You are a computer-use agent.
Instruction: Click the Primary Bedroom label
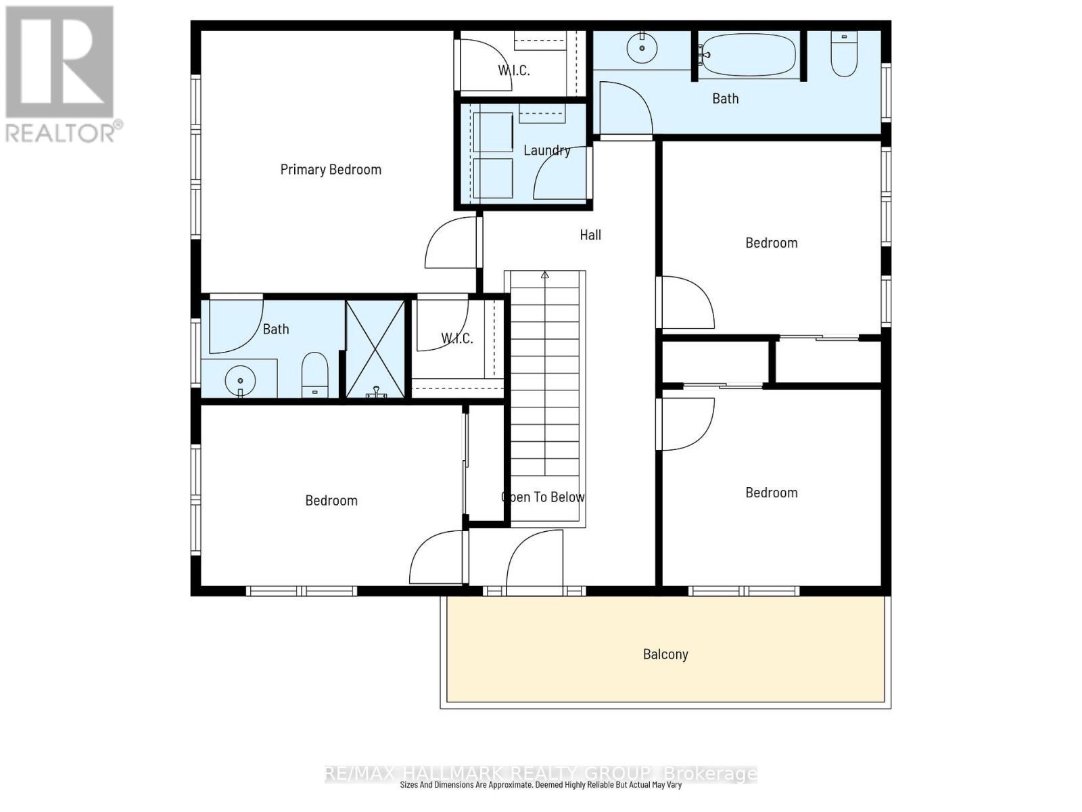pyautogui.click(x=331, y=169)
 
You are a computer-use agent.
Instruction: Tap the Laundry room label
pyautogui.click(x=546, y=150)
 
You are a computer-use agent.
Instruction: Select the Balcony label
pyautogui.click(x=665, y=654)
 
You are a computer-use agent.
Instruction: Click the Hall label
pyautogui.click(x=590, y=235)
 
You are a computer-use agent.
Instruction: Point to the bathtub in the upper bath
pyautogui.click(x=748, y=55)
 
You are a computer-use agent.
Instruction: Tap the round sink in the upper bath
pyautogui.click(x=642, y=47)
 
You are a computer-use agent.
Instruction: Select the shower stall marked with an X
pyautogui.click(x=375, y=349)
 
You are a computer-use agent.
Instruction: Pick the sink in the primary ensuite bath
pyautogui.click(x=239, y=380)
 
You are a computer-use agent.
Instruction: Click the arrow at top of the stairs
pyautogui.click(x=545, y=275)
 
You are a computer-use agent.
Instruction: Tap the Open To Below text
pyautogui.click(x=543, y=497)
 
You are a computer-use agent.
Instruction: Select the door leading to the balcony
pyautogui.click(x=534, y=562)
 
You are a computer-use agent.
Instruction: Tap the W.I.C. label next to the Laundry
pyautogui.click(x=514, y=70)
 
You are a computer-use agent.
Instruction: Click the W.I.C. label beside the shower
pyautogui.click(x=457, y=338)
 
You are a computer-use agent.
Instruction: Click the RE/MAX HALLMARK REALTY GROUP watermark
pyautogui.click(x=541, y=773)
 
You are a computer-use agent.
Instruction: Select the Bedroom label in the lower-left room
pyautogui.click(x=331, y=501)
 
